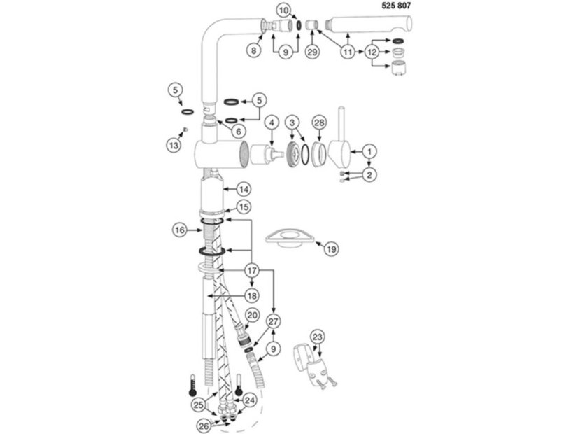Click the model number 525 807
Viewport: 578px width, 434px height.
click(x=396, y=6)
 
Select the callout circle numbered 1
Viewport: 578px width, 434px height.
click(x=369, y=151)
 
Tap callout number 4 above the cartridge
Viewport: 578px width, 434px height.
click(x=272, y=122)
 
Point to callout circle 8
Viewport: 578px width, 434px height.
click(x=253, y=50)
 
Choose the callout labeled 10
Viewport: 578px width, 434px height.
click(x=283, y=10)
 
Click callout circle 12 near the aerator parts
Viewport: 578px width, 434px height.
click(x=372, y=52)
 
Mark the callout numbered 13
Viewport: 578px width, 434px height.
click(x=174, y=146)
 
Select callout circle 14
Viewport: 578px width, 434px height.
click(x=244, y=190)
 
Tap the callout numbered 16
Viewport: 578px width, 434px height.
click(x=180, y=230)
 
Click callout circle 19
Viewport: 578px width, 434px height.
click(x=332, y=250)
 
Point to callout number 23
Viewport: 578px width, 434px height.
click(x=318, y=337)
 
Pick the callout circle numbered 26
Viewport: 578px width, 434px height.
click(x=204, y=426)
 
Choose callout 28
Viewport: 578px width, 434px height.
click(x=319, y=122)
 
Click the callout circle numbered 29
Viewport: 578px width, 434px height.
click(x=312, y=52)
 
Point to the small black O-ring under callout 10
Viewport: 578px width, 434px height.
click(x=299, y=25)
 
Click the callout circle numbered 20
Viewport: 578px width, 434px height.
click(x=252, y=316)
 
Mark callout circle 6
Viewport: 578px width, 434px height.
click(x=239, y=132)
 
